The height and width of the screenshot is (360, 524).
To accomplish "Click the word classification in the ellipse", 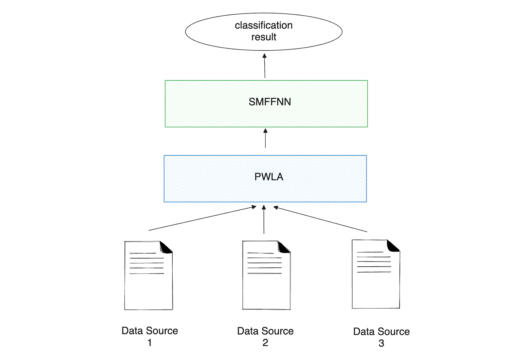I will pyautogui.click(x=264, y=25).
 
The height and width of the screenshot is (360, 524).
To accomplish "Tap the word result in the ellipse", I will pyautogui.click(x=264, y=37).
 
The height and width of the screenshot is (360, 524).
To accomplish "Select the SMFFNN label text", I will pyautogui.click(x=270, y=102).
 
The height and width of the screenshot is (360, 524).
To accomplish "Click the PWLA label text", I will pyautogui.click(x=269, y=177).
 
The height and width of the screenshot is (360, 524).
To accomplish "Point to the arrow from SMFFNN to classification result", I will pyautogui.click(x=265, y=66).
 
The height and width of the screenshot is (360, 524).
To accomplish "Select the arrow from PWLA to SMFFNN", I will pyautogui.click(x=265, y=138).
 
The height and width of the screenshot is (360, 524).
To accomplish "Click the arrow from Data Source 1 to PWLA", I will pyautogui.click(x=202, y=218).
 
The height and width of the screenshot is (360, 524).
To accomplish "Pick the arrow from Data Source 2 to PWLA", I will pyautogui.click(x=264, y=219).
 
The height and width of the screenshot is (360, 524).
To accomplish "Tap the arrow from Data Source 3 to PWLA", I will pyautogui.click(x=320, y=219).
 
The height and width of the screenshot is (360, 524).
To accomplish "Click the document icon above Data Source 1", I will pyautogui.click(x=148, y=278).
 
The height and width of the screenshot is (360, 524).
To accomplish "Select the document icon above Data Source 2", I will pyautogui.click(x=266, y=278).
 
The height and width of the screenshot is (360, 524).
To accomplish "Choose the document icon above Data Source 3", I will pyautogui.click(x=376, y=277).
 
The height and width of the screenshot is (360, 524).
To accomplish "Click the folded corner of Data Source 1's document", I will pyautogui.click(x=166, y=248).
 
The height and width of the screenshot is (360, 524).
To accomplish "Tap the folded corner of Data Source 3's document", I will pyautogui.click(x=393, y=246).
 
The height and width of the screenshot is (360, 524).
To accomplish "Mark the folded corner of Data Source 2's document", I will pyautogui.click(x=284, y=247).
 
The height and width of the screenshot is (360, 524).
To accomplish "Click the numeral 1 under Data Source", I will pyautogui.click(x=150, y=343).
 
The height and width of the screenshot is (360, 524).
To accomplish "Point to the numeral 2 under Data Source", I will pyautogui.click(x=265, y=343).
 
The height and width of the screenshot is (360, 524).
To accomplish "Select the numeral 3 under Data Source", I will pyautogui.click(x=381, y=343).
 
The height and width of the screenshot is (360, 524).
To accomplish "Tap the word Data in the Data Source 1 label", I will pyautogui.click(x=132, y=331).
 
